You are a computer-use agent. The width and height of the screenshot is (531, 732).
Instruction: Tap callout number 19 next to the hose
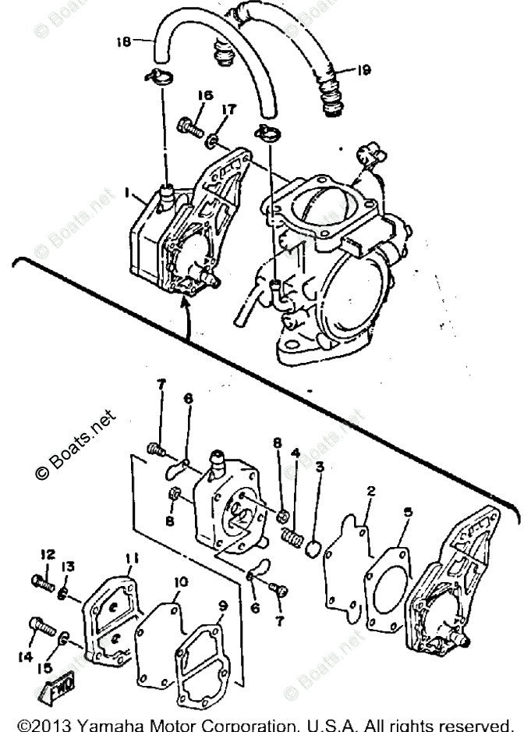click(x=362, y=70)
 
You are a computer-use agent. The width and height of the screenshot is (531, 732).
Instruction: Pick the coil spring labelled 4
click(x=291, y=538)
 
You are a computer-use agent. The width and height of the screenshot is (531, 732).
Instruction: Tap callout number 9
click(x=223, y=604)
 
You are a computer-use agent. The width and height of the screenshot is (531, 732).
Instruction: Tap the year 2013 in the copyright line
click(x=48, y=723)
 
